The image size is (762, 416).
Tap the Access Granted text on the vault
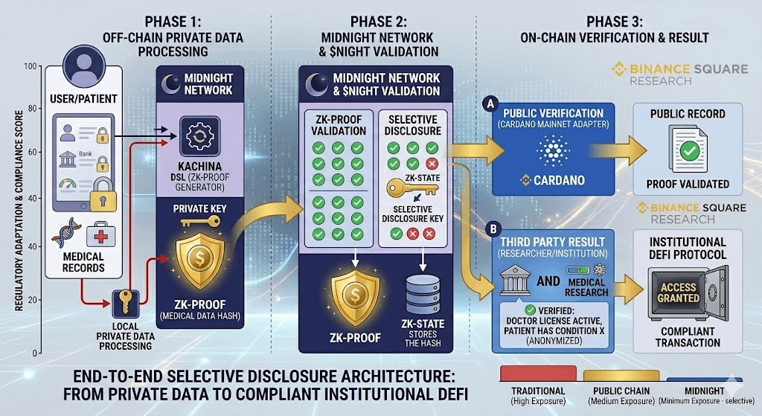pos(678,292)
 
